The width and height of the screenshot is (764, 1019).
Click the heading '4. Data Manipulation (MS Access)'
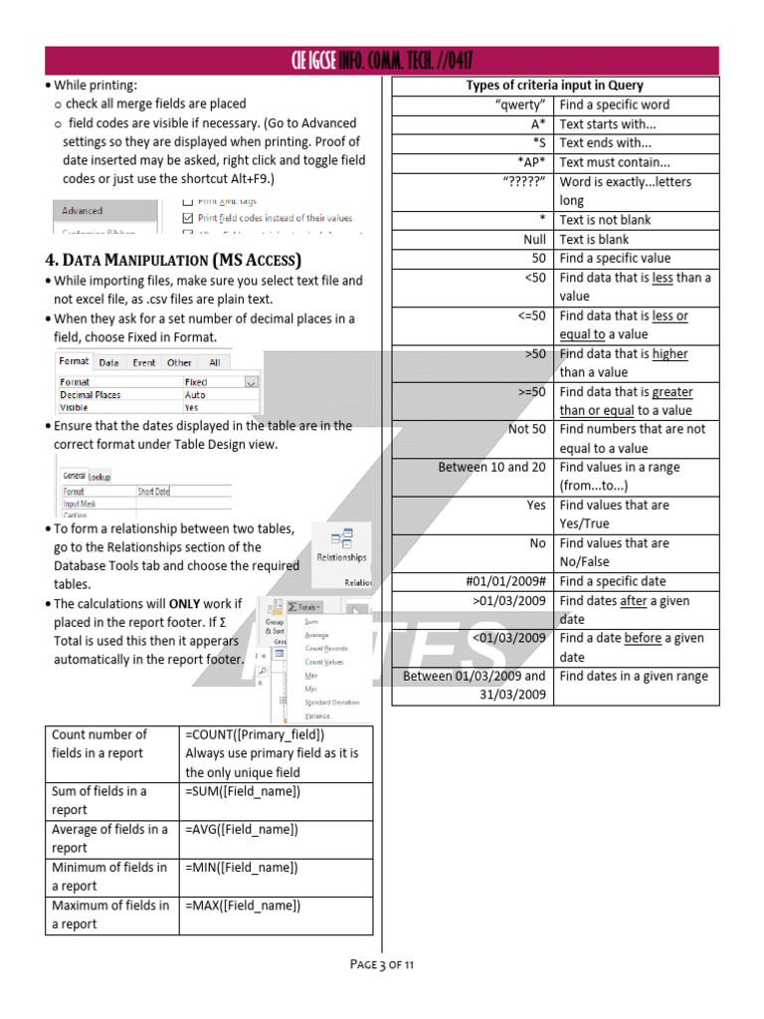click(x=173, y=260)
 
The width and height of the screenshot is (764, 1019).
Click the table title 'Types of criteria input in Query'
click(x=554, y=86)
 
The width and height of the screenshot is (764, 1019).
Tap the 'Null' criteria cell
click(x=534, y=239)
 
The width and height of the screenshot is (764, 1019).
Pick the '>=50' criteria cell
click(x=531, y=392)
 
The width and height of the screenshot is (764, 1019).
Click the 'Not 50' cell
click(x=526, y=429)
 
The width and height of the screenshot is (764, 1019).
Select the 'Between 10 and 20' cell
click(x=491, y=467)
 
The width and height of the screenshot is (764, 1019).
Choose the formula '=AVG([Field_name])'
click(x=242, y=829)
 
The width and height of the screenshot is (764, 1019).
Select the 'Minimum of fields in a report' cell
click(x=109, y=876)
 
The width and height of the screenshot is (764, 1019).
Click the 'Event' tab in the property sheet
click(x=144, y=363)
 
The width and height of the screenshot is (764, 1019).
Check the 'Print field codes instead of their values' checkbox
click(x=189, y=217)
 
